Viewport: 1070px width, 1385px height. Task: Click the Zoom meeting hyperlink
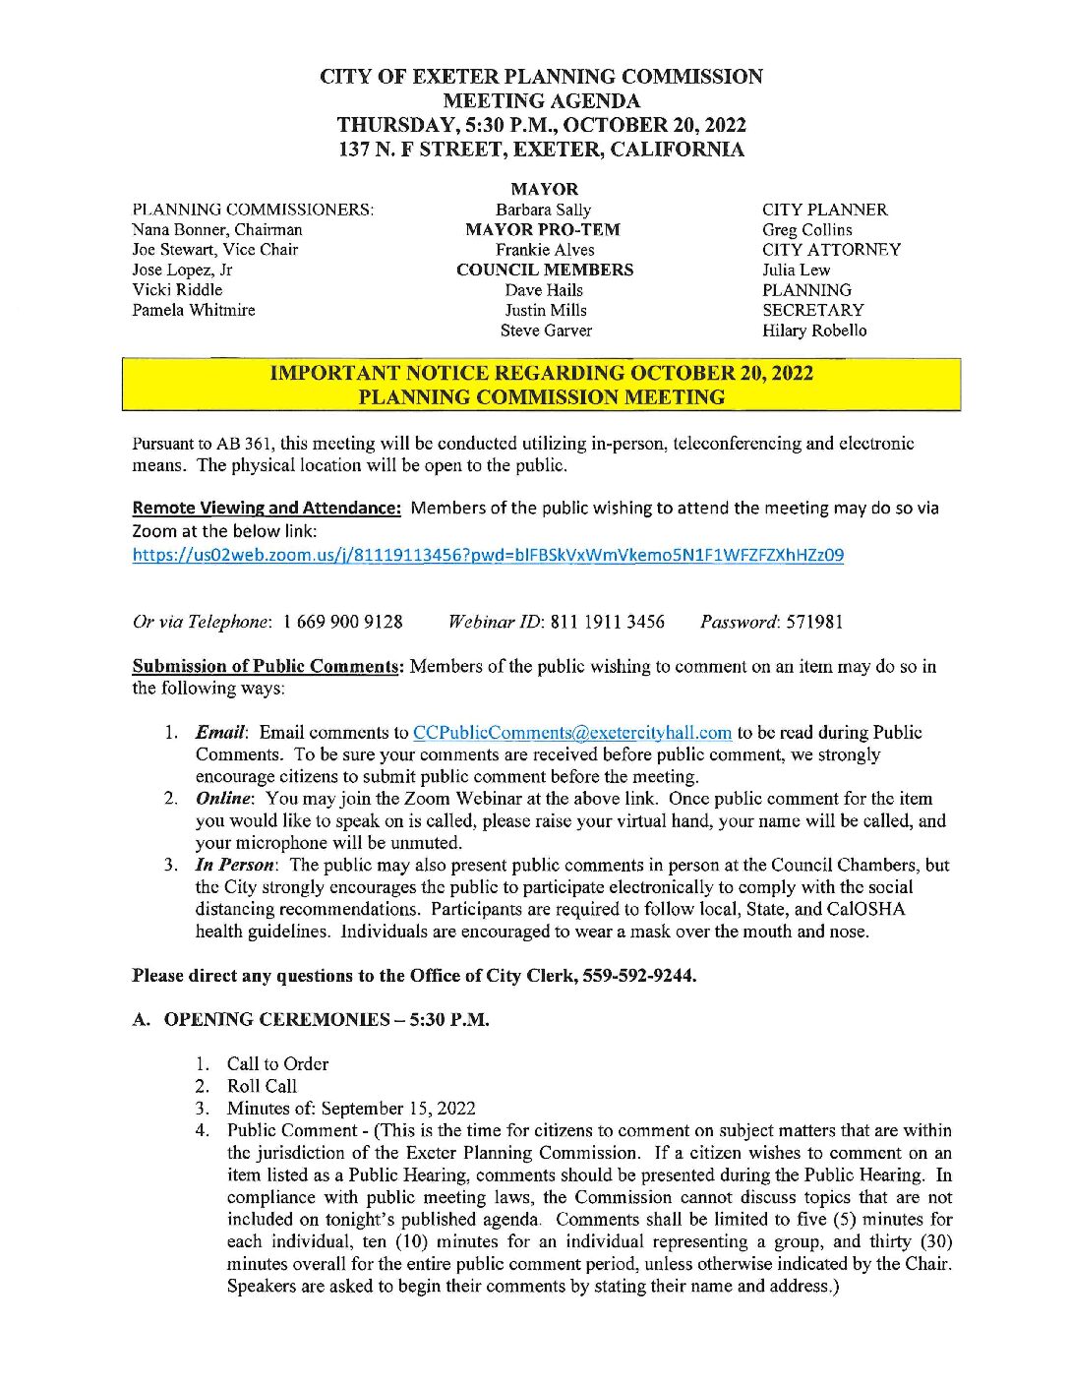(488, 555)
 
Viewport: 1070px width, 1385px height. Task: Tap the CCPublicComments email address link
(572, 733)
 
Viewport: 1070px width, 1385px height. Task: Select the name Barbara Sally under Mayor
(544, 210)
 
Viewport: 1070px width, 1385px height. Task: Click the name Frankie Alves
(545, 250)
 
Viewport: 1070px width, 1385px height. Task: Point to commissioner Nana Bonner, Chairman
(217, 229)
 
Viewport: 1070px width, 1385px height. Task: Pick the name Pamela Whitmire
(194, 310)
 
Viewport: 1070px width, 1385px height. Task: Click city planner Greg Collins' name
(806, 230)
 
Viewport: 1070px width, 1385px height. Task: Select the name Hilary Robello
(814, 331)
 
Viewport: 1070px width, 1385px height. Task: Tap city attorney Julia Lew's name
(796, 270)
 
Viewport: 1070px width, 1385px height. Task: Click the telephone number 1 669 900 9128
(342, 622)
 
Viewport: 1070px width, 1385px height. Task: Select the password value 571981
(814, 622)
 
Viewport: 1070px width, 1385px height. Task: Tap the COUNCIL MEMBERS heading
(545, 270)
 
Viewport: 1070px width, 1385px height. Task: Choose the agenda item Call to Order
(277, 1063)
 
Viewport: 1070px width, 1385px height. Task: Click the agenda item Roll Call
(262, 1086)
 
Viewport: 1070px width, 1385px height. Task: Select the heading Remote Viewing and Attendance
(267, 509)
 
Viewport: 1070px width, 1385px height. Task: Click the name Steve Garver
(546, 331)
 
